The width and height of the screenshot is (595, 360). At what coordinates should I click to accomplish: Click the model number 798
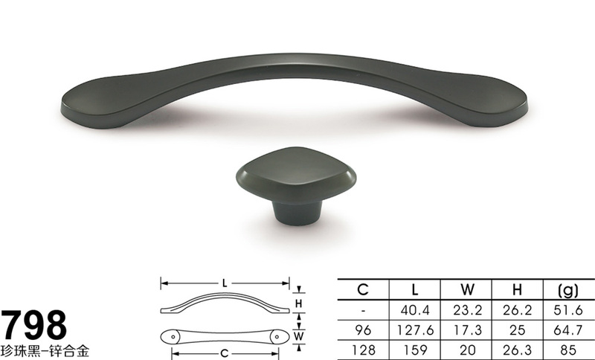pos(33,325)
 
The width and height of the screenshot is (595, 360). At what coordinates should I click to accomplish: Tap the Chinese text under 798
pos(45,350)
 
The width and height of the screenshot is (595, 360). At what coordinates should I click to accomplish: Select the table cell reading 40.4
pos(415,310)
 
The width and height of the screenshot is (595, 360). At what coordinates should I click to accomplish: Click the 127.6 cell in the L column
pos(415,330)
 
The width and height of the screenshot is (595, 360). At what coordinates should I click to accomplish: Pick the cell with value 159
pos(415,350)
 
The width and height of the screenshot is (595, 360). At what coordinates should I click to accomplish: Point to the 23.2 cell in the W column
pos(467,310)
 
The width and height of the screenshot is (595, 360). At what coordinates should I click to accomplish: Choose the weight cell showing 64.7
pos(568,330)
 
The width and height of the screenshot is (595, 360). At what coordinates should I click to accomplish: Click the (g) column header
pos(568,290)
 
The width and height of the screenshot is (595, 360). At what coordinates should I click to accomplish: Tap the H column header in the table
pos(517,290)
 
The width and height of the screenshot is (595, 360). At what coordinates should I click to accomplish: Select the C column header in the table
pos(363,290)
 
